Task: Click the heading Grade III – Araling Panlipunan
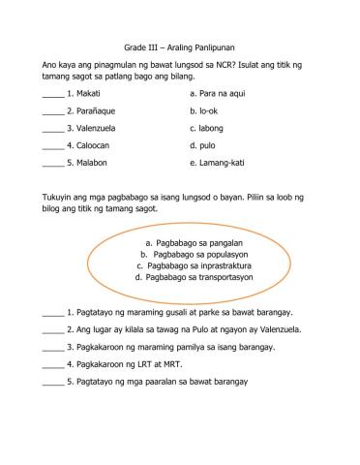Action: coord(180,46)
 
